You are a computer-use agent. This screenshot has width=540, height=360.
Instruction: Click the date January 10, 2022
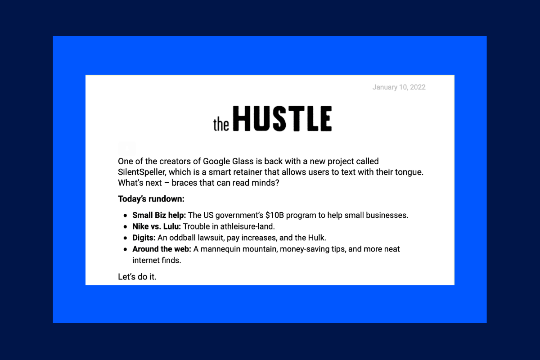pyautogui.click(x=399, y=87)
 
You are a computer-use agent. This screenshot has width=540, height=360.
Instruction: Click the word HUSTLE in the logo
pyautogui.click(x=283, y=119)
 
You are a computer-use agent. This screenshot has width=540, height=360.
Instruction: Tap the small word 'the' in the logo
pyautogui.click(x=221, y=125)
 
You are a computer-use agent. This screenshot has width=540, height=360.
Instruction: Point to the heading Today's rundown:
pyautogui.click(x=151, y=199)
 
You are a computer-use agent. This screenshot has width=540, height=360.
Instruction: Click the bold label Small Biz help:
pyautogui.click(x=159, y=215)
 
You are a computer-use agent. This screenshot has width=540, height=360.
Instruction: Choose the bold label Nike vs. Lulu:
pyautogui.click(x=157, y=226)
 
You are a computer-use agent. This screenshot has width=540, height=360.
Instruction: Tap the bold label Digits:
pyautogui.click(x=144, y=238)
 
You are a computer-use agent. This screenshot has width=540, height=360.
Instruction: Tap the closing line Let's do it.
pyautogui.click(x=137, y=277)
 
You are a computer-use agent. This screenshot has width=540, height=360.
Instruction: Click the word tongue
pyautogui.click(x=411, y=172)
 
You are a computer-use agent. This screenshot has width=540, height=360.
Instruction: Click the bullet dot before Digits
pyautogui.click(x=126, y=238)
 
